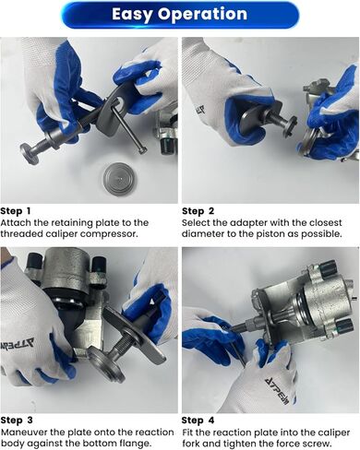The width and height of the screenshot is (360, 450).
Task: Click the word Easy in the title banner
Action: coord(132,15)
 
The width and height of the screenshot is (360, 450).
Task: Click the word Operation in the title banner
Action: coord(203,15)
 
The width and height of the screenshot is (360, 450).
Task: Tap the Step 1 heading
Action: coord(16,211)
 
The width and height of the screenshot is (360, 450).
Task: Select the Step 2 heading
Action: coord(198,211)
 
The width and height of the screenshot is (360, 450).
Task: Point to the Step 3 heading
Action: coord(17,420)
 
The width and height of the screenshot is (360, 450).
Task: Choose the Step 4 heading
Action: coord(198,420)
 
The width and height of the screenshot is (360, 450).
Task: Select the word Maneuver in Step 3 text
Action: coord(24,432)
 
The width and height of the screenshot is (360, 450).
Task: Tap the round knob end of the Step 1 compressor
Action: coord(29,153)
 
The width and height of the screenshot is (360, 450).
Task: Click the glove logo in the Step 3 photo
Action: coord(18,343)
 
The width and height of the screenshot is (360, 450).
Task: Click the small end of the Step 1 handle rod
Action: coord(141,150)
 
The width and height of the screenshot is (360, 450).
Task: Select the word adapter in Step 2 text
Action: coord(247,223)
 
